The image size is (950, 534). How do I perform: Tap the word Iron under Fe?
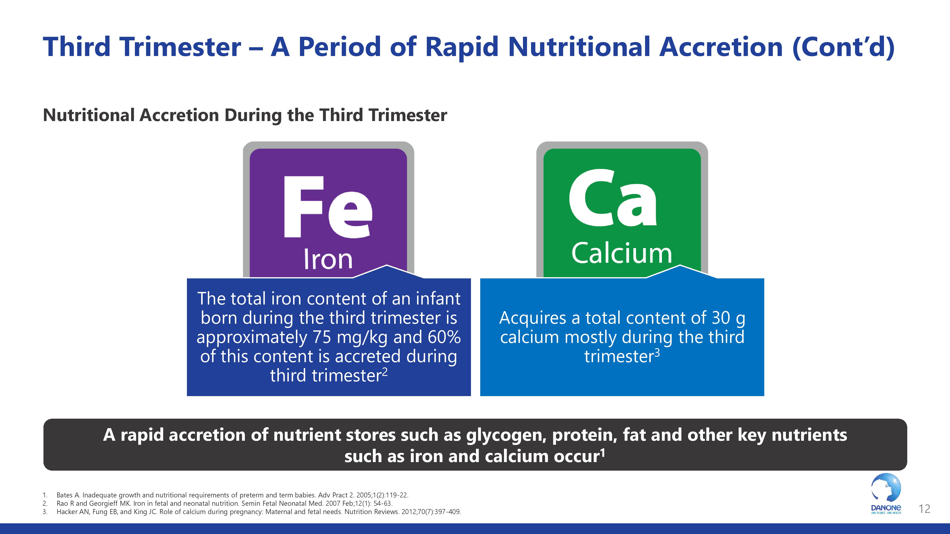click(328, 259)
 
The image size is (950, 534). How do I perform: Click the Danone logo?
click(886, 494)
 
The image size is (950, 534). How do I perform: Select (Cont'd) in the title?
click(843, 47)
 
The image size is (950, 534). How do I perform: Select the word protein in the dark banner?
click(584, 436)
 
